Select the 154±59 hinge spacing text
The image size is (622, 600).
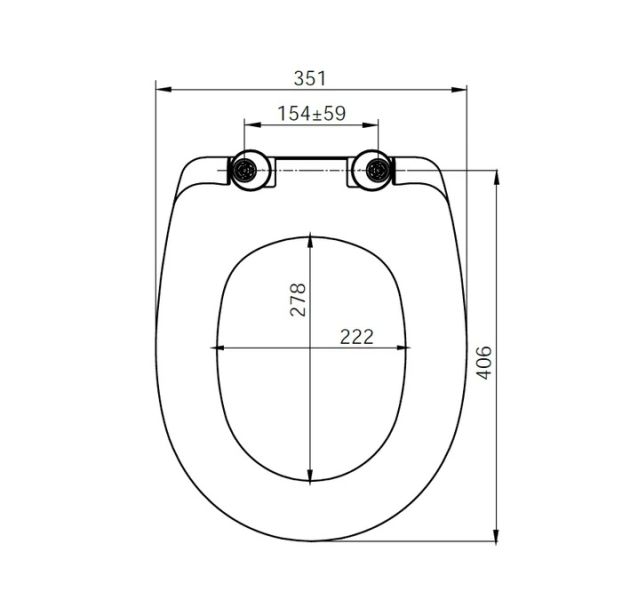pyautogui.click(x=311, y=113)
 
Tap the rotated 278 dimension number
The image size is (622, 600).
pyautogui.click(x=297, y=299)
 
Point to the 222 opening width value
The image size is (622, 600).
pyautogui.click(x=356, y=336)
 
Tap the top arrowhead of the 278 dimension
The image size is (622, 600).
pyautogui.click(x=311, y=240)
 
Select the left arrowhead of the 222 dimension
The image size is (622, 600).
pyautogui.click(x=217, y=349)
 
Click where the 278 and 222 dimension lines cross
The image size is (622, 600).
pyautogui.click(x=311, y=349)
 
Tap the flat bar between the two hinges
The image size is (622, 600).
pyautogui.click(x=311, y=160)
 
